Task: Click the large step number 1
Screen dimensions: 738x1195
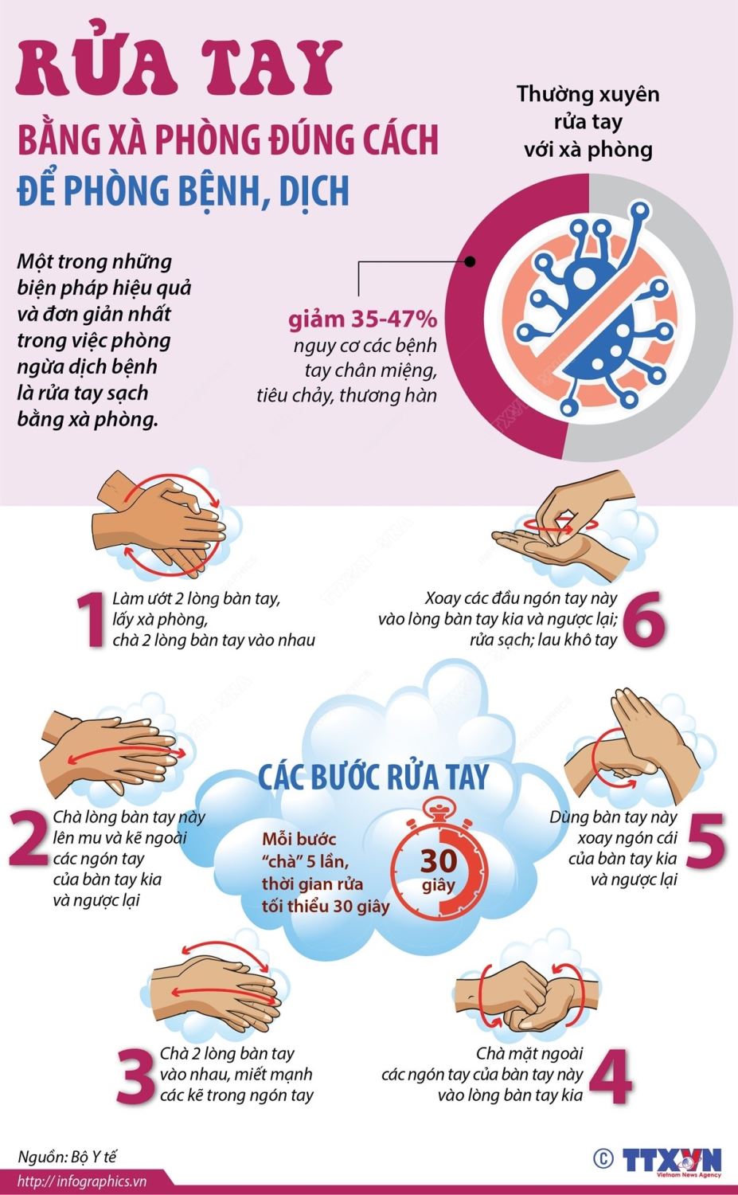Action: coord(92,619)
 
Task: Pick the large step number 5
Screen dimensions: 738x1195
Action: coord(705,839)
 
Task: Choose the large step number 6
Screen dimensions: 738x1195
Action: coord(644,619)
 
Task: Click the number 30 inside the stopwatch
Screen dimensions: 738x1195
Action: coord(439,860)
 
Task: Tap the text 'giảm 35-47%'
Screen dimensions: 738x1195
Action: coord(362,319)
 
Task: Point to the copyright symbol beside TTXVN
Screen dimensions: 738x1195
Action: coord(603,1158)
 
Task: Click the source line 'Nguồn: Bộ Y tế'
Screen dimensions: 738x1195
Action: coord(67,1157)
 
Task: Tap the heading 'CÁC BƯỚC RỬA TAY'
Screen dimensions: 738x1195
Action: coord(373,777)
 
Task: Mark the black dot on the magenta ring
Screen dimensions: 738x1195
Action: coord(470,262)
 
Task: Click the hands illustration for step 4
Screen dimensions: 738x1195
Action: coord(525,997)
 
